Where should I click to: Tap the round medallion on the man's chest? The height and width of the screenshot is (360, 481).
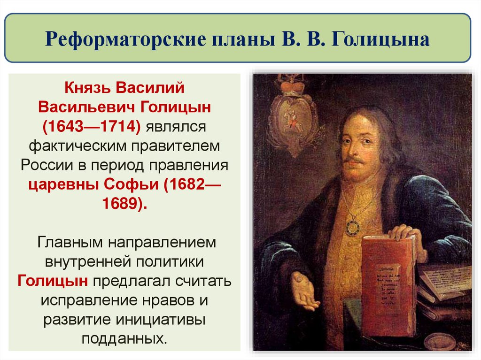(352, 227)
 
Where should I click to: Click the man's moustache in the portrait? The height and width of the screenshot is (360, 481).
(355, 160)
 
